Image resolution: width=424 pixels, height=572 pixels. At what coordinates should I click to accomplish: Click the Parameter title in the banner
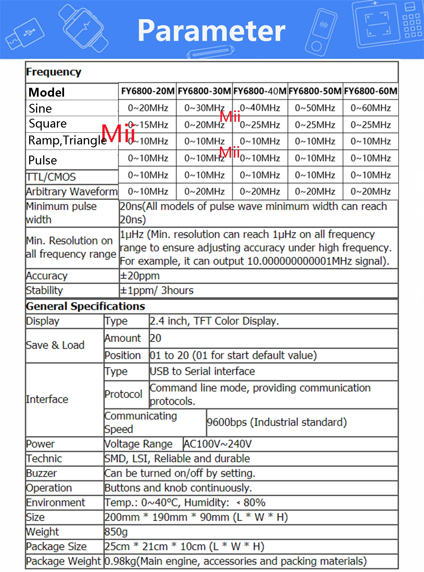pyautogui.click(x=212, y=31)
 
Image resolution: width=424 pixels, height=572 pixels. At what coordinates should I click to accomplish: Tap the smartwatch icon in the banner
pyautogui.click(x=83, y=28)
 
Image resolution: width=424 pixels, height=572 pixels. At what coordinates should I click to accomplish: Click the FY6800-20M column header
pyautogui.click(x=148, y=91)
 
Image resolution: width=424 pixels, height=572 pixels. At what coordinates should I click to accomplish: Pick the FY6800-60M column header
pyautogui.click(x=371, y=91)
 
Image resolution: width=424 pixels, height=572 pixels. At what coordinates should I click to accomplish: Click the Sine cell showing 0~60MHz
pyautogui.click(x=371, y=108)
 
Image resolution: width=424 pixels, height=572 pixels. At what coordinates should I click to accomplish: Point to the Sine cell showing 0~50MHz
pyautogui.click(x=315, y=108)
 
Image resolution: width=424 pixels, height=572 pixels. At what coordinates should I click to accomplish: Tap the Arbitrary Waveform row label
pyautogui.click(x=71, y=192)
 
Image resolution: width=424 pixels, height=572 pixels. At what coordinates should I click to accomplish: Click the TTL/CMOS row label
pyautogui.click(x=51, y=177)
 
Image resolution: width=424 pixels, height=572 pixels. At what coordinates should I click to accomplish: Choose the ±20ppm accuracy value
pyautogui.click(x=140, y=276)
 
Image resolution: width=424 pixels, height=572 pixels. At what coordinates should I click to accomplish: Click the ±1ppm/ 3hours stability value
pyautogui.click(x=157, y=291)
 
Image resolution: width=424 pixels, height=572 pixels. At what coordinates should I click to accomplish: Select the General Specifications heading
pyautogui.click(x=85, y=306)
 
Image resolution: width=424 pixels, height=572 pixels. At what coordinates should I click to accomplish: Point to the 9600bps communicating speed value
pyautogui.click(x=276, y=422)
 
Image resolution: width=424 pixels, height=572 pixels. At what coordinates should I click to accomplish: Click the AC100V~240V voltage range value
pyautogui.click(x=217, y=444)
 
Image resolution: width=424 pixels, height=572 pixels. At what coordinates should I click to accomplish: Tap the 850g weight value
pyautogui.click(x=116, y=532)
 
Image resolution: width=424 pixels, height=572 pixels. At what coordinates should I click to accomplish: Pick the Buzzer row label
pyautogui.click(x=41, y=473)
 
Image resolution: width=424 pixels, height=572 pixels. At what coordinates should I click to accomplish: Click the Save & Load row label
pyautogui.click(x=55, y=345)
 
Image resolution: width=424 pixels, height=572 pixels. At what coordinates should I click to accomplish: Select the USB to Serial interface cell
pyautogui.click(x=202, y=372)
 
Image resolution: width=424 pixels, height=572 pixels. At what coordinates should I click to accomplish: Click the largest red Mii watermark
pyautogui.click(x=118, y=133)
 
